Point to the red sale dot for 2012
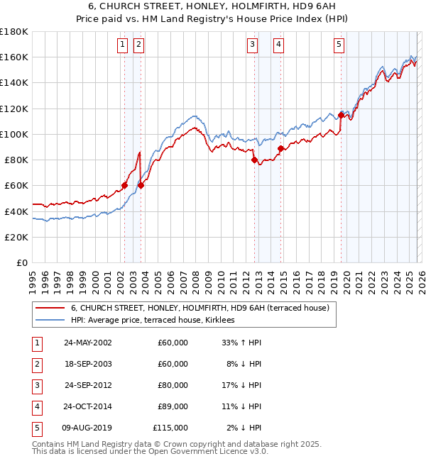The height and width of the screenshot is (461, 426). (x=254, y=160)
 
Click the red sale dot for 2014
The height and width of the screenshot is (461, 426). (x=280, y=148)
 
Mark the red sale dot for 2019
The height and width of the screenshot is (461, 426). (x=341, y=115)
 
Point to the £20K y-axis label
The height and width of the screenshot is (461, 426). (x=16, y=237)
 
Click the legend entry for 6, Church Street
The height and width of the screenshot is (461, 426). (x=200, y=308)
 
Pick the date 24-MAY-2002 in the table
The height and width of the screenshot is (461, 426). (x=87, y=343)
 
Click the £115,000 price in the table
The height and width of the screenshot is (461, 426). (x=170, y=428)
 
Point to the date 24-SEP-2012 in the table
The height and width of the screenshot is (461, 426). (x=87, y=385)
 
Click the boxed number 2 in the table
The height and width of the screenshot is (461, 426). (x=36, y=364)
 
